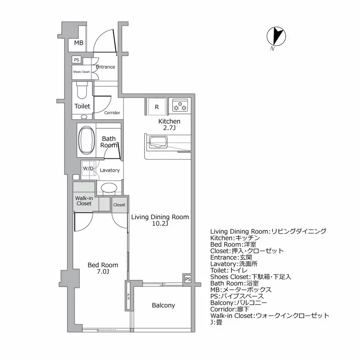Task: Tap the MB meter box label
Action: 78,43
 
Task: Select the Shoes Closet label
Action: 81,72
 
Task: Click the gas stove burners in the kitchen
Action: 180,106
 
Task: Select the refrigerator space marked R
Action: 157,107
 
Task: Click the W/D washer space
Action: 88,169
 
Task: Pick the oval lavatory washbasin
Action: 109,188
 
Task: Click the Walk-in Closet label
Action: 84,201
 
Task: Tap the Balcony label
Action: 163,306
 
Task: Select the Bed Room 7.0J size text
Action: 103,272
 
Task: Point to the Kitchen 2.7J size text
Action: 169,128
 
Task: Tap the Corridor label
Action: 112,113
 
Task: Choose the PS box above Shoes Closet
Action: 76,60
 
